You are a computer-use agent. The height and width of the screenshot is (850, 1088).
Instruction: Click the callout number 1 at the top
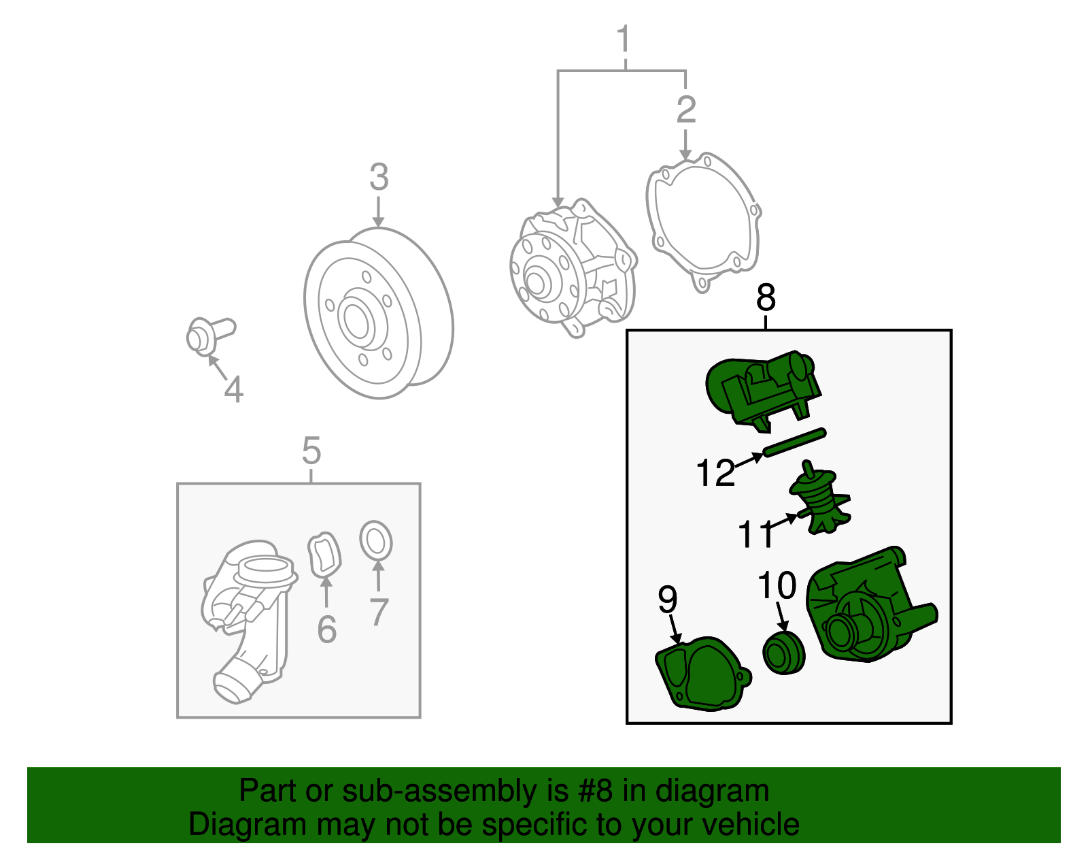tap(624, 39)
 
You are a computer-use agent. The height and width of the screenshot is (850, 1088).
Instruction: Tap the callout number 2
tap(686, 110)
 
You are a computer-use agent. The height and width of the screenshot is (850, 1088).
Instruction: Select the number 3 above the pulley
tap(379, 177)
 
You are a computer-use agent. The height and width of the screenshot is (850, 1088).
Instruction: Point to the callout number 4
tap(234, 389)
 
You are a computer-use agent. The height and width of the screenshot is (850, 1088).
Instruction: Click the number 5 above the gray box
tap(311, 451)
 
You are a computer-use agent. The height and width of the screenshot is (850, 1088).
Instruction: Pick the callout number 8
tap(766, 297)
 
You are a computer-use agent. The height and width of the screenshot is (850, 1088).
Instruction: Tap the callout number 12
tap(715, 472)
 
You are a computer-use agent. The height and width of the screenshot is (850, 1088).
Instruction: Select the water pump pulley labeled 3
tap(379, 313)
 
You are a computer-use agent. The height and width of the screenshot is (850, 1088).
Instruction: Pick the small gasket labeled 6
tap(324, 555)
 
